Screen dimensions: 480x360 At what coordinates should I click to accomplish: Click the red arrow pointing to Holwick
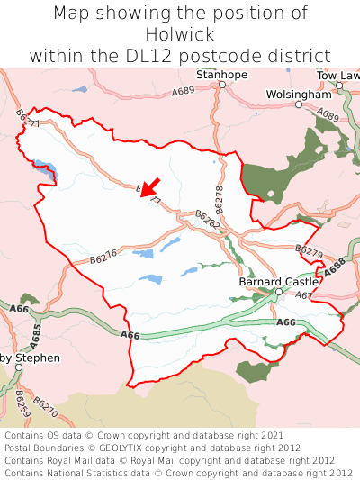(149, 186)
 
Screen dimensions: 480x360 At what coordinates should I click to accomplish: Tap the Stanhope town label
(222, 75)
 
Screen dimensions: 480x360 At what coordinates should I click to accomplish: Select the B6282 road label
(208, 219)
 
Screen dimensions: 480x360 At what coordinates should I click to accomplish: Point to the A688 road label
(335, 267)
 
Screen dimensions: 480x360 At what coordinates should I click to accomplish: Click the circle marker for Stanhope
(221, 85)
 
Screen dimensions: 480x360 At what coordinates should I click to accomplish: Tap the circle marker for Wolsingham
(299, 104)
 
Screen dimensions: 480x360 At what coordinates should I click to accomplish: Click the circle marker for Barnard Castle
(279, 292)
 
